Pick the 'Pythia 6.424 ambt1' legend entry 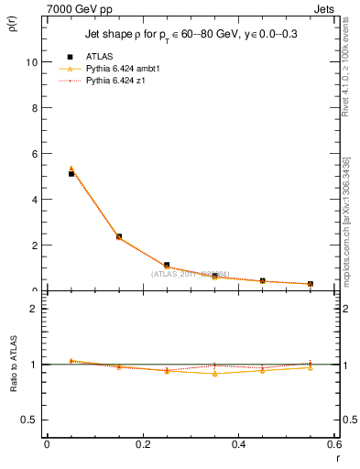(122, 69)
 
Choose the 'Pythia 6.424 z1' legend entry (115, 82)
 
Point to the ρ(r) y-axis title (12, 20)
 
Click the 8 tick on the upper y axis (34, 108)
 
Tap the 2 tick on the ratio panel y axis (34, 309)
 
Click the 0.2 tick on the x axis (142, 444)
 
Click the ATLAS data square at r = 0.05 (71, 173)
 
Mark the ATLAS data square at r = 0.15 (119, 236)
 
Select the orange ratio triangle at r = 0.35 (214, 374)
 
